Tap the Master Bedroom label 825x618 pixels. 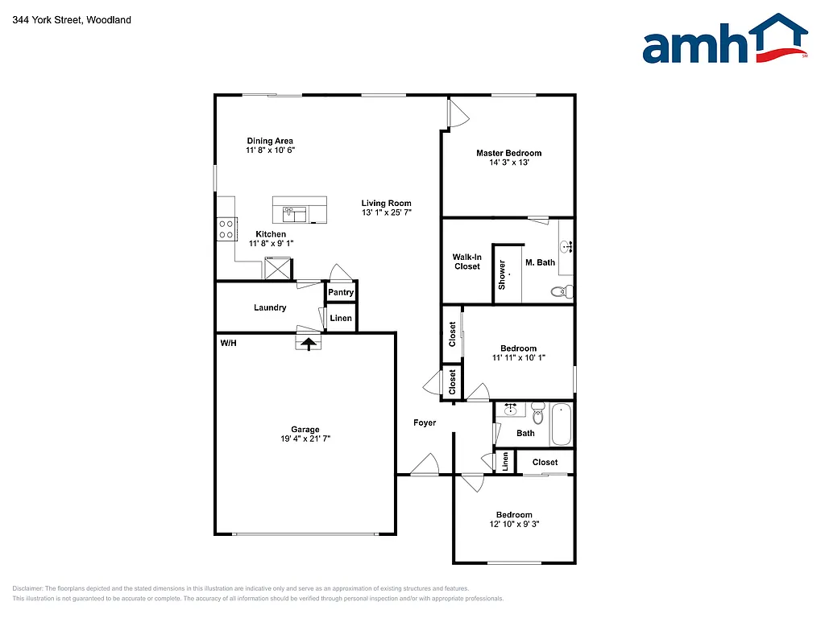508,153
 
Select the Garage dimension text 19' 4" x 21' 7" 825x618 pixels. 305,439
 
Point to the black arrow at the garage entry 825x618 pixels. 308,344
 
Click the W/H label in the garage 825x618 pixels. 228,344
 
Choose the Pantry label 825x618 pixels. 341,292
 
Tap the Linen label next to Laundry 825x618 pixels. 341,319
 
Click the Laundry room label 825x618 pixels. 270,307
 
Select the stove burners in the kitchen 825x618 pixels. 226,229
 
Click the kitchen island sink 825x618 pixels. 294,213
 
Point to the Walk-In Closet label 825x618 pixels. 466,262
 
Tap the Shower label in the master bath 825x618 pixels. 502,275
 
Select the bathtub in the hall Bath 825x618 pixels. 561,425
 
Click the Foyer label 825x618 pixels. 425,422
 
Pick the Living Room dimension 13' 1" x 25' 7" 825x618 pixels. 386,213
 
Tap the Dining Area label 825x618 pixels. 270,141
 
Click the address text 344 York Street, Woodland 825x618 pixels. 72,19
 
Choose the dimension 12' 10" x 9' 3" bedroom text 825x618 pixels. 513,525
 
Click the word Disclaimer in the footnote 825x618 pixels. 27,588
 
